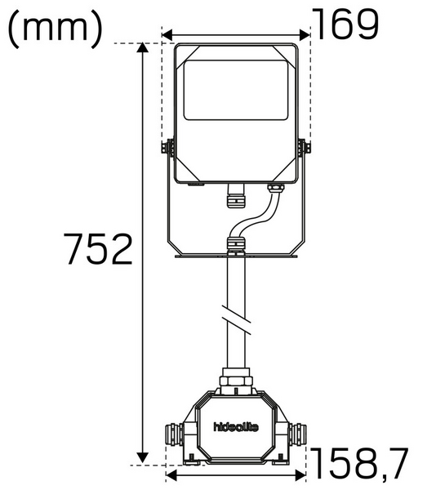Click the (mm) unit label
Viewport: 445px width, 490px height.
pos(56,28)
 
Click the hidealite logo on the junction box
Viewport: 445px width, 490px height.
pos(235,425)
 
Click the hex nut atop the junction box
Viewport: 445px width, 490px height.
pos(235,380)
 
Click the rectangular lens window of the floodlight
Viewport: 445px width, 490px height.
pos(235,88)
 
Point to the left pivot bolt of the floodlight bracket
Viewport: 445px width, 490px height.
pos(169,148)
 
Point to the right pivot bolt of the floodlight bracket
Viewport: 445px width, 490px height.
pos(304,148)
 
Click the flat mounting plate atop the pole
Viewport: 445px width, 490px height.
pos(235,256)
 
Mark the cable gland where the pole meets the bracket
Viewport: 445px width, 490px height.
pos(235,244)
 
